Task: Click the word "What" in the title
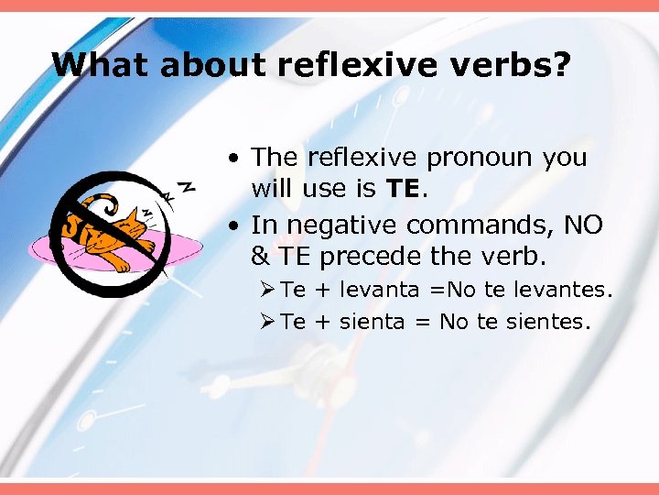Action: (91, 65)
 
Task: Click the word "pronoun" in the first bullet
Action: (478, 158)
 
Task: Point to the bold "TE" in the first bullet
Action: (402, 190)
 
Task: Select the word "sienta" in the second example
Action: (370, 323)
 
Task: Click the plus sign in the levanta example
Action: (321, 291)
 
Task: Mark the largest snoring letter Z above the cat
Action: (186, 186)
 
